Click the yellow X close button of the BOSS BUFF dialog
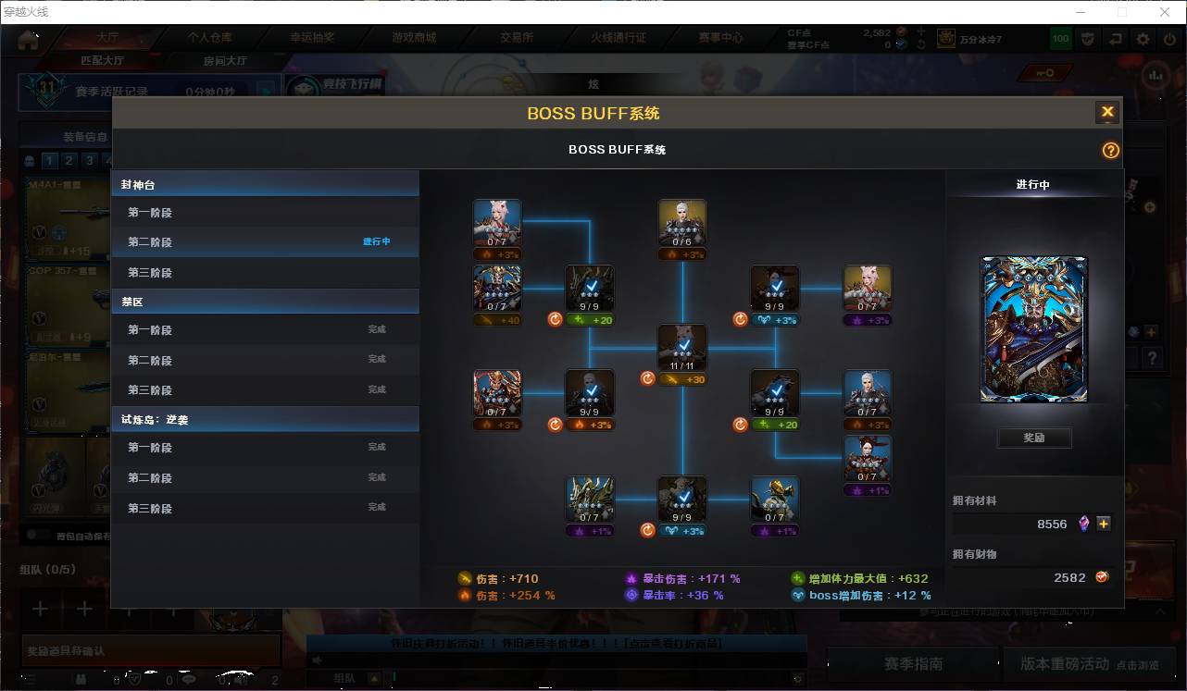[x=1106, y=113]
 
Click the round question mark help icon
[x=1110, y=150]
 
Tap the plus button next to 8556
[x=1104, y=524]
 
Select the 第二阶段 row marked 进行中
[x=264, y=242]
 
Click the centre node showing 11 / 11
[x=682, y=348]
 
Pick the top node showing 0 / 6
[x=682, y=223]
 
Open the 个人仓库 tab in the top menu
[x=209, y=38]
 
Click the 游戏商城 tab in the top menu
[x=413, y=38]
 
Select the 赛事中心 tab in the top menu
[x=720, y=38]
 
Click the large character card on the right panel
[x=1033, y=329]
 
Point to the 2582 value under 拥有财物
[x=1069, y=577]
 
